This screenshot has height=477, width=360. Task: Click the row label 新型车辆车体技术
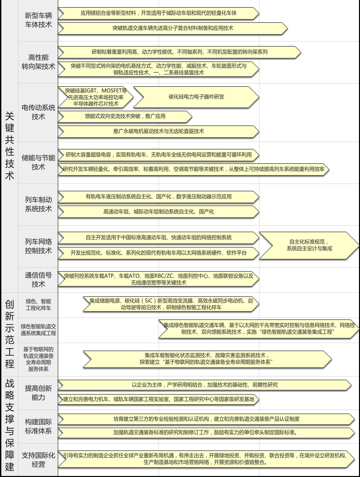[38, 20]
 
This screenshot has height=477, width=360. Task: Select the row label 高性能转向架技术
[38, 62]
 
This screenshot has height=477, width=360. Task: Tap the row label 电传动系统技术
[38, 112]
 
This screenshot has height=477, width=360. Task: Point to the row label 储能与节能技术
[38, 162]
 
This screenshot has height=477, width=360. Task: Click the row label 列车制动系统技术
[38, 204]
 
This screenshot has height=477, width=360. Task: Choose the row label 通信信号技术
[38, 280]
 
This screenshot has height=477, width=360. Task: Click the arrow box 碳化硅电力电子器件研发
[196, 97]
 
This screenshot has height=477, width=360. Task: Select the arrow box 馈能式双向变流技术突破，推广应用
[125, 117]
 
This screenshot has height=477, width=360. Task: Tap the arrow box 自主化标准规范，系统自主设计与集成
[309, 245]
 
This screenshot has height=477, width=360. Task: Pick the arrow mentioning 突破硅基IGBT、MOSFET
[96, 97]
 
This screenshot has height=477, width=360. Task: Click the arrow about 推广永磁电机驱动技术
[159, 131]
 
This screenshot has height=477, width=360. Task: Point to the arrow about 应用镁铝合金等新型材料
[159, 13]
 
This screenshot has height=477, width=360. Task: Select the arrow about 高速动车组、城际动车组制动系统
[159, 212]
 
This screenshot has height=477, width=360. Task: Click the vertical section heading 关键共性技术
[10, 146]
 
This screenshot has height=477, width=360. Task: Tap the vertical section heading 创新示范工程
[10, 334]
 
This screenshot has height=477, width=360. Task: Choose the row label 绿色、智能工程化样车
[38, 305]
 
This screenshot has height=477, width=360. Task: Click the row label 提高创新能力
[38, 393]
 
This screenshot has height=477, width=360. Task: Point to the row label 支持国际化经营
[38, 460]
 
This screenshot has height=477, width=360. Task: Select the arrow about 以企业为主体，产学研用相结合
[204, 385]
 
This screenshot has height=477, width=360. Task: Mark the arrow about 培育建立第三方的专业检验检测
[206, 419]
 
